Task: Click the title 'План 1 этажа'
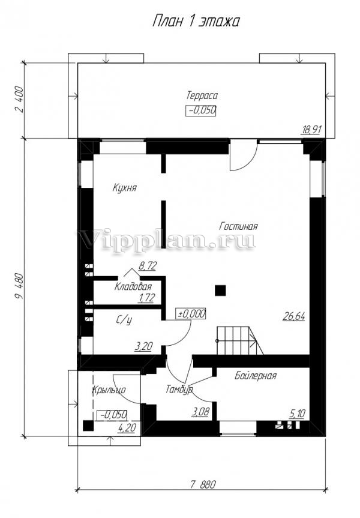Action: click(196, 21)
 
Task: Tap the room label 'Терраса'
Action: click(202, 95)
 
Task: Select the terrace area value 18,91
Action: click(311, 130)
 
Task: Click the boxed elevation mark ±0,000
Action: click(192, 314)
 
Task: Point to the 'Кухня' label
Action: click(125, 188)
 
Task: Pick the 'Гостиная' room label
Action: click(238, 226)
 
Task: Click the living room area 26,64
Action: click(293, 316)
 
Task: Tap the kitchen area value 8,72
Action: click(148, 266)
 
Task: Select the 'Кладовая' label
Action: click(133, 286)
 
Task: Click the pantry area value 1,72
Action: click(146, 298)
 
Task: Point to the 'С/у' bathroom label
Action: click(124, 320)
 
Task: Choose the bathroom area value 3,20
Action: click(143, 346)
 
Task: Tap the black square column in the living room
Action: click(220, 291)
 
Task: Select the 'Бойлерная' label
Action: click(256, 376)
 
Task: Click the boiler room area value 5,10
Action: click(297, 414)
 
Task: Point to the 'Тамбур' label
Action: click(179, 389)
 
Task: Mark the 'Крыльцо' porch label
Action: click(109, 390)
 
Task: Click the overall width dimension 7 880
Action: click(203, 484)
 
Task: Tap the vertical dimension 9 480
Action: click(19, 286)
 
